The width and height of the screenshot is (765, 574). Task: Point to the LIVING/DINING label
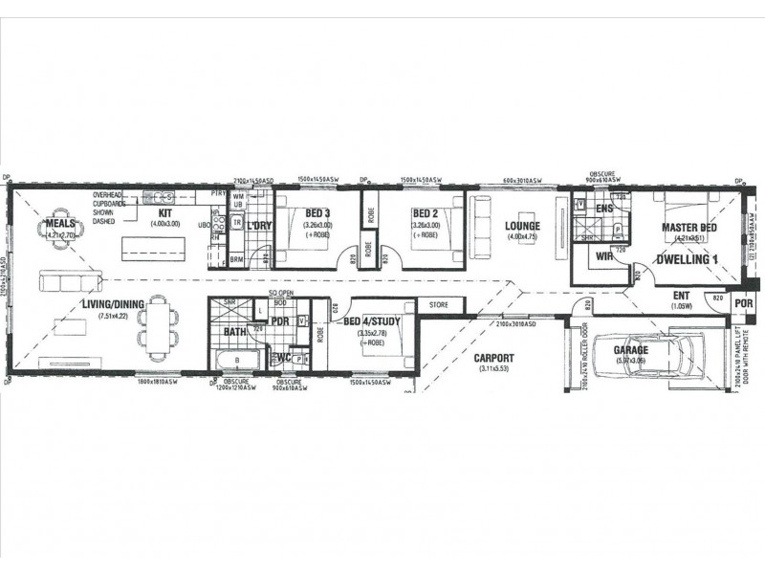point(112,304)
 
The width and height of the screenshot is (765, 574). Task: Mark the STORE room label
point(439,305)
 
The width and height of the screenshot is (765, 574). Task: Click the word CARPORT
point(493,358)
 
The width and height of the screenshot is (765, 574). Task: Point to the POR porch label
point(743,303)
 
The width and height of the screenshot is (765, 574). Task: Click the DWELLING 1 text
point(687,259)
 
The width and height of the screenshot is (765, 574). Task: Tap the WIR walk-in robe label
point(602,256)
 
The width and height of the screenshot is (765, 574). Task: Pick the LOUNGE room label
point(523,226)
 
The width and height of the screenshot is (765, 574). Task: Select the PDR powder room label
point(279,321)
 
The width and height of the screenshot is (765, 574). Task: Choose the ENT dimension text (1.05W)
point(682,307)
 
